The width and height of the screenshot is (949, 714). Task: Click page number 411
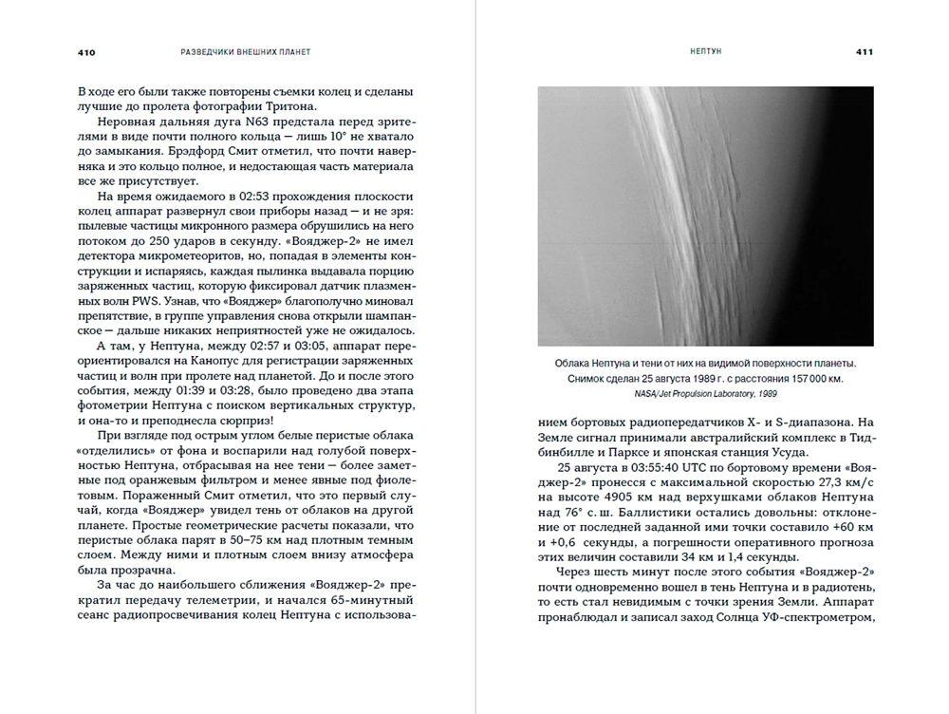click(x=864, y=51)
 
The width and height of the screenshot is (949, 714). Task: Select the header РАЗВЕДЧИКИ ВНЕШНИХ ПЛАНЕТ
click(x=245, y=51)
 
